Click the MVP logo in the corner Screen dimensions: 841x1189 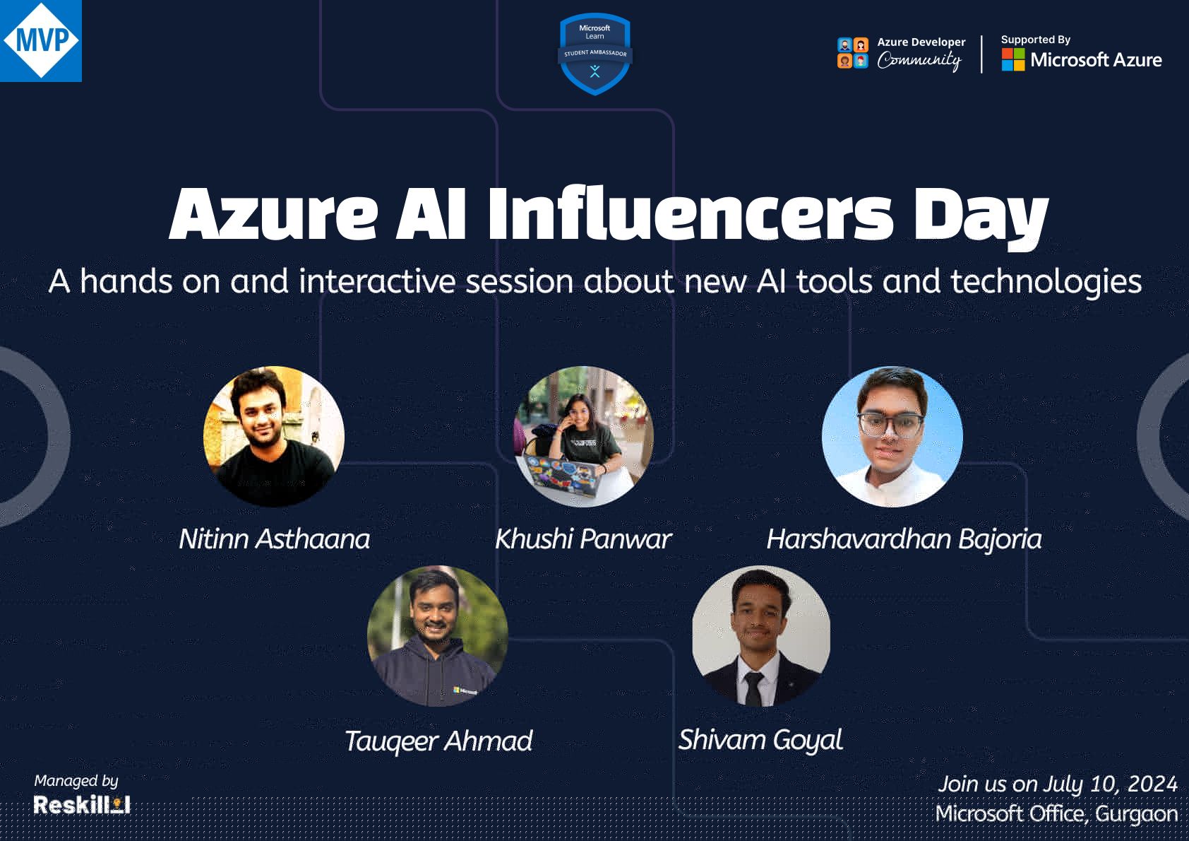pos(41,40)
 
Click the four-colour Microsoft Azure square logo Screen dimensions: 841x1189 pos(1012,59)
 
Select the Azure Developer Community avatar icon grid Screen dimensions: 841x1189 pos(852,54)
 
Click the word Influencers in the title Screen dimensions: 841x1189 pos(690,213)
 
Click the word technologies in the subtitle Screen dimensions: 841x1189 pos(1046,281)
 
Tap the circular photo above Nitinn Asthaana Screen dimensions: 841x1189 pos(274,436)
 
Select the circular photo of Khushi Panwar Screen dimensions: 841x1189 pos(583,436)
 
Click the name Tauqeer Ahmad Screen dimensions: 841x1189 pos(438,741)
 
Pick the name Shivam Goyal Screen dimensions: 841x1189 pos(760,740)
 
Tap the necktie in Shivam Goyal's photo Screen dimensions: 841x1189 pos(753,688)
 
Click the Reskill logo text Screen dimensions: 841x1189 pos(81,805)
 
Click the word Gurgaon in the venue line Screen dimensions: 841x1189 pos(1136,813)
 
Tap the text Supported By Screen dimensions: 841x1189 pos(1035,40)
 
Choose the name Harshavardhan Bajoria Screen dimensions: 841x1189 pos(904,539)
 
